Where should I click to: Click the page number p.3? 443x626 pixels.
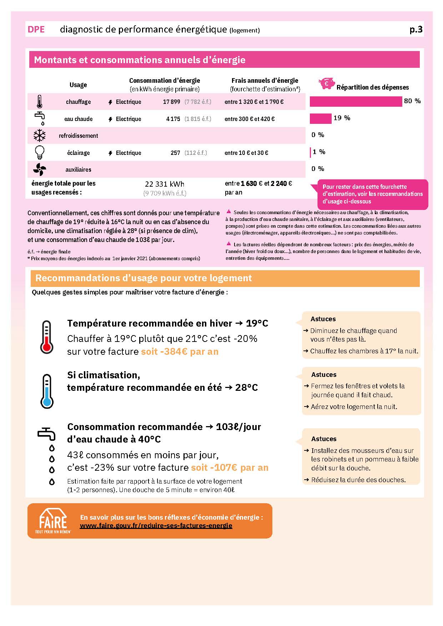[416, 29]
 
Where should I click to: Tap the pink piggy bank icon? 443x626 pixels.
[327, 84]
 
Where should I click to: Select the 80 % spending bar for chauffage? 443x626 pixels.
[356, 101]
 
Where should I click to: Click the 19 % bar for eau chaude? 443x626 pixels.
[320, 118]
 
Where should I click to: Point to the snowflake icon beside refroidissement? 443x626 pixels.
[40, 136]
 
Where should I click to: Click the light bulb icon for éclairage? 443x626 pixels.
[40, 152]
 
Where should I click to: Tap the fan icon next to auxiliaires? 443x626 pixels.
[40, 170]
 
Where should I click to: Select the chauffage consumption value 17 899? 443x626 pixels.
[171, 102]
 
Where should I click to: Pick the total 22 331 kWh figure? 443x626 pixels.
[165, 184]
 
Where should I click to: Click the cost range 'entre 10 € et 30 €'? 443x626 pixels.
[246, 153]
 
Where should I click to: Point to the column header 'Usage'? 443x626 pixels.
[78, 85]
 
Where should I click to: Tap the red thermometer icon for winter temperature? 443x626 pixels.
[47, 337]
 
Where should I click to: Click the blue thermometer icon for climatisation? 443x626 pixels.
[47, 391]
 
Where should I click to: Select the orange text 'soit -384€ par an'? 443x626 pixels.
[180, 352]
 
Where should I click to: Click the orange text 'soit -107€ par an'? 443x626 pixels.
[230, 468]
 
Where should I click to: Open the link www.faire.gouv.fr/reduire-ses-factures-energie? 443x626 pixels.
[156, 525]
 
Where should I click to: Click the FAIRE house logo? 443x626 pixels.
[53, 521]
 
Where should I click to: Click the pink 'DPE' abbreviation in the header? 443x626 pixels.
[36, 29]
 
